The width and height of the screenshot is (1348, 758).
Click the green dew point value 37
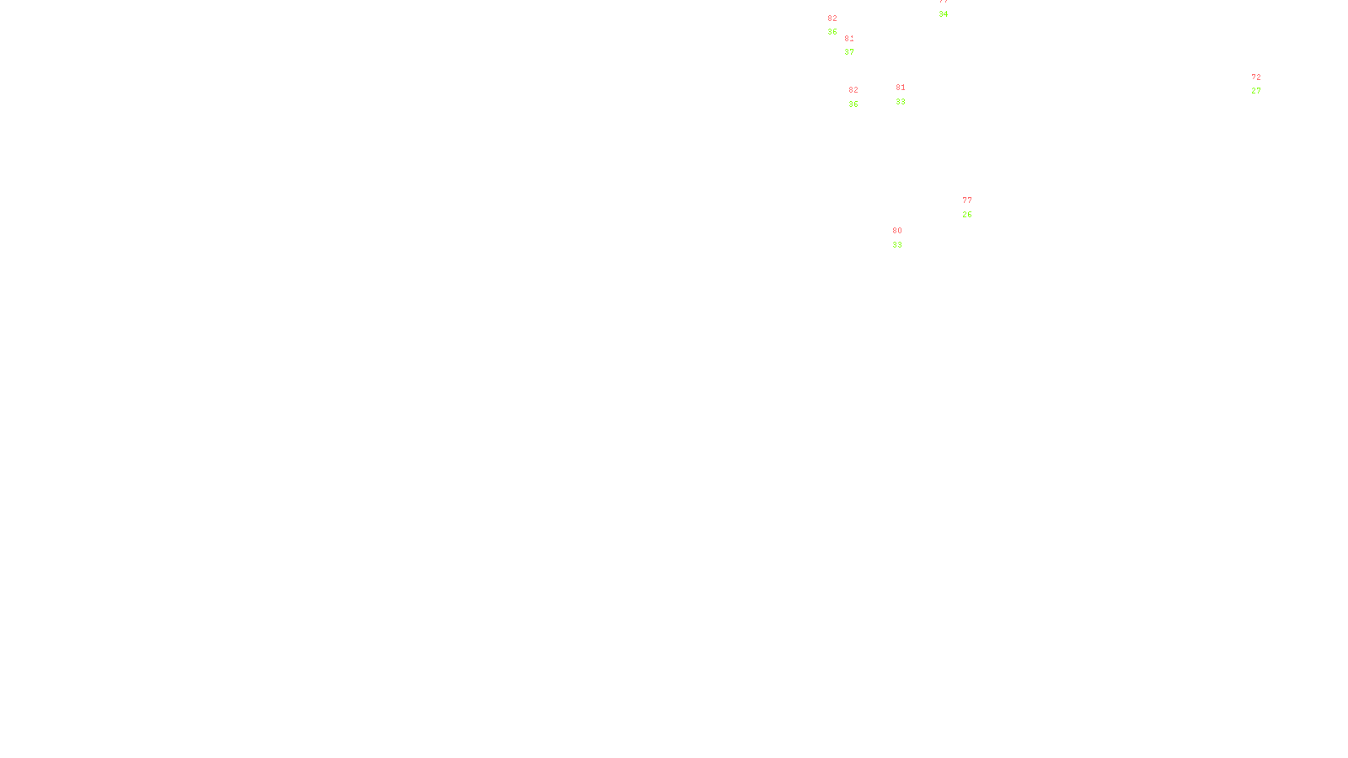[x=849, y=52]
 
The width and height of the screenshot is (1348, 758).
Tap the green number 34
[x=943, y=14]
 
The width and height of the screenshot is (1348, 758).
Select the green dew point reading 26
[x=967, y=215]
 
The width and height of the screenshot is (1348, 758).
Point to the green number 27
[x=1256, y=91]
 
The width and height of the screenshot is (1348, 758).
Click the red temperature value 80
[x=897, y=231]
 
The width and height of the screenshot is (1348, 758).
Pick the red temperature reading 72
[x=1256, y=77]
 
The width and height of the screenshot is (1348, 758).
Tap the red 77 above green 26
[x=967, y=200]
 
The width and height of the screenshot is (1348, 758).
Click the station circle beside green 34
[x=951, y=8]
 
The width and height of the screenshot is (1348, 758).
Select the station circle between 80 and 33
[x=905, y=238]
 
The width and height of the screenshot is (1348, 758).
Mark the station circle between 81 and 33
[x=909, y=94]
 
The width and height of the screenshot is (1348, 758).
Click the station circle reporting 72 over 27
[x=1264, y=84]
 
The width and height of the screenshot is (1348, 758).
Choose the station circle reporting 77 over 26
[x=975, y=207]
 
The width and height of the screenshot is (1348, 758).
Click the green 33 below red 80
[x=897, y=245]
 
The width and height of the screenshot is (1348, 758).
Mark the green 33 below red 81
[x=901, y=102]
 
